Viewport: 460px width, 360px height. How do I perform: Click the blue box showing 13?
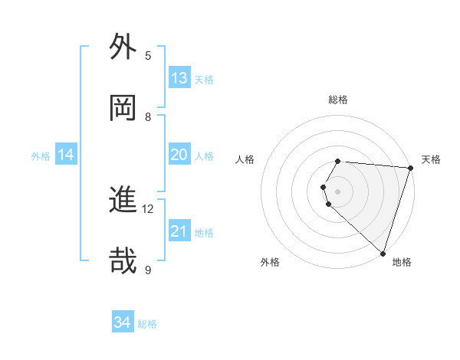pos(179,78)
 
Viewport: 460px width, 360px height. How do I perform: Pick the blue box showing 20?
pos(179,155)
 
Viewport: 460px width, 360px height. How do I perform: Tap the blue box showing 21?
pos(179,231)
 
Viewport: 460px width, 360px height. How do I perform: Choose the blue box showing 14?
pos(66,155)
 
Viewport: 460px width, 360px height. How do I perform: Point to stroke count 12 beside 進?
pos(148,208)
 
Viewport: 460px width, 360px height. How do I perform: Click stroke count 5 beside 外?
pos(148,55)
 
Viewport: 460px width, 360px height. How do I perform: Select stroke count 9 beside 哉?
pos(148,270)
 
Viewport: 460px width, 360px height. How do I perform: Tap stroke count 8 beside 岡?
pos(148,116)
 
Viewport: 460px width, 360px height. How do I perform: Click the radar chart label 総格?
pos(338,100)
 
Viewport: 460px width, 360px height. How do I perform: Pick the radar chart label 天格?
pos(431,159)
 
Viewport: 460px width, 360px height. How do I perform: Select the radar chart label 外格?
pos(270,262)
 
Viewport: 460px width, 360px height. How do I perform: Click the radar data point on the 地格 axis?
pos(383,253)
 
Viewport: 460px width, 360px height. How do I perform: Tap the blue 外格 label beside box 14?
pos(41,155)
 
